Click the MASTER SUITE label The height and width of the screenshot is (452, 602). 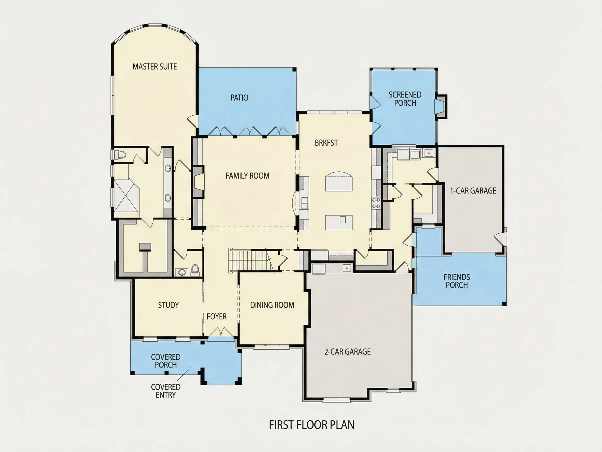coord(155,66)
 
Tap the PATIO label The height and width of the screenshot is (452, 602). coord(239,98)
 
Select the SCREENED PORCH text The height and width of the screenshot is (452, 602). coord(405,99)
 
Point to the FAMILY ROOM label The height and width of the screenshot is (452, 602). coord(247,176)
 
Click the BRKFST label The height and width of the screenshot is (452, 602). coord(326,143)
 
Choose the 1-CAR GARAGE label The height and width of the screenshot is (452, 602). coord(473,191)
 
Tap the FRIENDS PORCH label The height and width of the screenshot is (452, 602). coord(457,281)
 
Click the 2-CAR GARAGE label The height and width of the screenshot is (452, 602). coord(347,352)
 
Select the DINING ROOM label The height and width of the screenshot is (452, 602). coord(272,305)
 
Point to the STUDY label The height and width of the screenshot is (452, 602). coord(168,305)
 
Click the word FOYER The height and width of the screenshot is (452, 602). coord(216,316)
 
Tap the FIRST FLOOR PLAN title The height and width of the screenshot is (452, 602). coord(312,425)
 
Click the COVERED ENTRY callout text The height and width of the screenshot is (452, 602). coord(165,391)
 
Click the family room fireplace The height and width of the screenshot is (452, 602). coord(198,182)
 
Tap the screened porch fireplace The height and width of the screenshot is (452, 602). coord(441,106)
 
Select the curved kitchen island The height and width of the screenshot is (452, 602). coord(339,181)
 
